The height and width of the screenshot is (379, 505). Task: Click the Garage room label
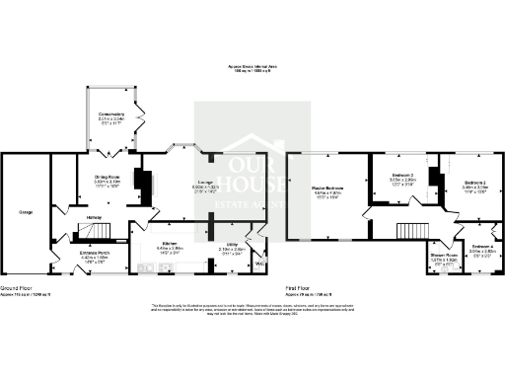point(26,212)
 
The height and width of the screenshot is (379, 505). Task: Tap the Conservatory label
point(111,114)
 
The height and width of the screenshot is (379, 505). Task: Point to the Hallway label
point(95,218)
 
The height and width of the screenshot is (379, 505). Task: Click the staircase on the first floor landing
point(408,234)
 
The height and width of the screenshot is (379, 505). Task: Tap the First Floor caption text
point(301,289)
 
